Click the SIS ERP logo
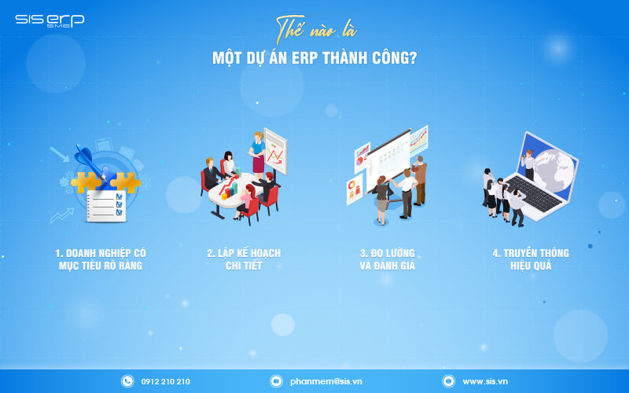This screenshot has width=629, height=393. tap(49, 20)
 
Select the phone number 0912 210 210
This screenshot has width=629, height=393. tap(165, 381)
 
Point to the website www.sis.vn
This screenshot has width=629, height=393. tap(484, 381)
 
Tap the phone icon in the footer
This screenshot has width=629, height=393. tap(127, 381)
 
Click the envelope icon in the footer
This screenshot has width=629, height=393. tap(276, 381)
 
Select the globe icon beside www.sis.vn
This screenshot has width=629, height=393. tap(448, 381)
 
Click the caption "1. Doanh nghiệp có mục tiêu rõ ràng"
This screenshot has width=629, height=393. tap(101, 259)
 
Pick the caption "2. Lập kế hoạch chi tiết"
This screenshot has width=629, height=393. tap(244, 259)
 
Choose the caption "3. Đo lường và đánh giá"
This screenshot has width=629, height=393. tap(387, 259)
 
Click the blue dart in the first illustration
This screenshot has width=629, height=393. tap(85, 156)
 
